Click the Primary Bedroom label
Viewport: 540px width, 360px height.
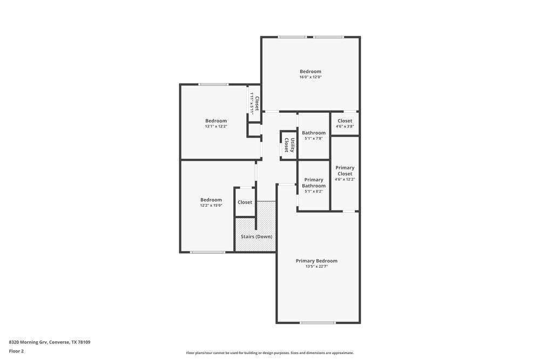(x=317, y=261)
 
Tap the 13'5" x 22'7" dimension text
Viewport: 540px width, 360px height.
(x=317, y=267)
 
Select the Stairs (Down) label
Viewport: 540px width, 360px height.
(x=256, y=236)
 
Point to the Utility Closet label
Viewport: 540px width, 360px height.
(x=289, y=145)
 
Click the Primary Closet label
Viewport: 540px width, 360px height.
(x=345, y=171)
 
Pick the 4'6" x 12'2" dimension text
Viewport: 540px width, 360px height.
(x=345, y=179)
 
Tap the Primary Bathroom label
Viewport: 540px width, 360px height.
(x=314, y=182)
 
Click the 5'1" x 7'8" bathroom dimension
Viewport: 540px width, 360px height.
(x=314, y=139)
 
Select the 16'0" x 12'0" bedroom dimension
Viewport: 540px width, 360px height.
(x=310, y=77)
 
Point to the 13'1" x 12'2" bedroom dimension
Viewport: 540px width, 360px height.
(x=216, y=126)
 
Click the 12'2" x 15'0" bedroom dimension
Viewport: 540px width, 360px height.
(x=211, y=205)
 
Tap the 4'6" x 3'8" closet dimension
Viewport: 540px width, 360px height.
(x=345, y=126)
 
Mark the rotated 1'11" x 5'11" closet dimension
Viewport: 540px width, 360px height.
(x=252, y=103)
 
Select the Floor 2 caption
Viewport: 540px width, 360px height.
(x=16, y=351)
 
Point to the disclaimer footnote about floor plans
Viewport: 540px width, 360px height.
(x=270, y=353)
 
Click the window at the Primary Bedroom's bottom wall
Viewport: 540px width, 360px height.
(x=318, y=323)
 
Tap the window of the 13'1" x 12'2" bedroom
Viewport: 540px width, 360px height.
(x=213, y=84)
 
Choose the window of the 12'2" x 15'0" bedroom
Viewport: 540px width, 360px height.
(x=208, y=252)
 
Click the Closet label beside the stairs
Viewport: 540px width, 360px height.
(x=245, y=202)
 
